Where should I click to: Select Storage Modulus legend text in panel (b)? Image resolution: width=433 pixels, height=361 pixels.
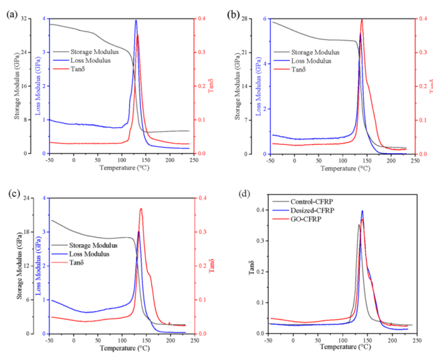point(315,52)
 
